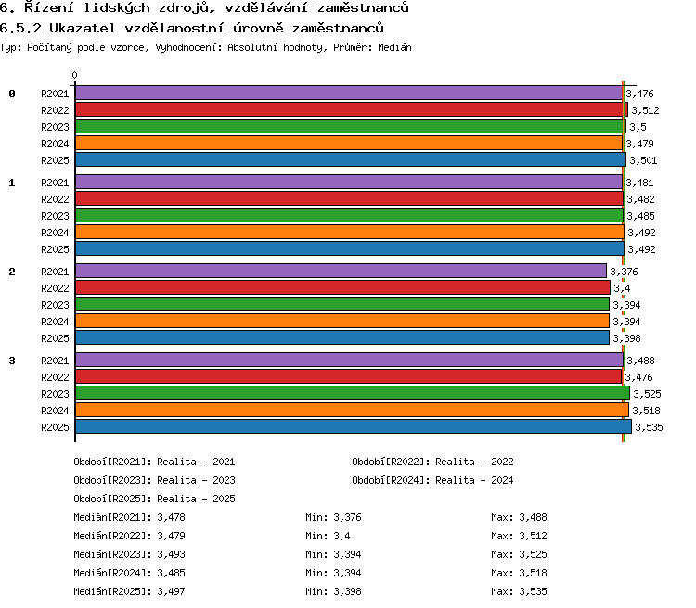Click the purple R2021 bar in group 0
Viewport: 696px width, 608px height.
[x=349, y=93]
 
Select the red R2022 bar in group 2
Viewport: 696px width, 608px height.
[x=342, y=288]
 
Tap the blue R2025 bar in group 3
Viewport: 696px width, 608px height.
[x=354, y=426]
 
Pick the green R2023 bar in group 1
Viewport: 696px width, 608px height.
[x=350, y=216]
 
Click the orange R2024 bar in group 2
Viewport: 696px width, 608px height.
[x=342, y=321]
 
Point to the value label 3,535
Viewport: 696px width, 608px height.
[x=649, y=427]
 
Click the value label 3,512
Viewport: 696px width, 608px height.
[x=645, y=110]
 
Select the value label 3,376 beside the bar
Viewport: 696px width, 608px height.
[x=624, y=272]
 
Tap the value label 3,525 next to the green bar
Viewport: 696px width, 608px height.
[x=647, y=394]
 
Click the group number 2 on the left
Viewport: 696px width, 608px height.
[x=12, y=272]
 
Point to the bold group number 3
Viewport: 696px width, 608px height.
[x=12, y=361]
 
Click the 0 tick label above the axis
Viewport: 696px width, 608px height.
[x=74, y=75]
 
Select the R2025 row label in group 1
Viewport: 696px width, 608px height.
[x=55, y=249]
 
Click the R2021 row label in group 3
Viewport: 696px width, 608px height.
[x=55, y=361]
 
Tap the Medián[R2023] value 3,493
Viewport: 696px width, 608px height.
[x=171, y=555]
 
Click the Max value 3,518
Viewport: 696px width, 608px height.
[x=533, y=574]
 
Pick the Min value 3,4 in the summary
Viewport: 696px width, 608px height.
[x=342, y=536]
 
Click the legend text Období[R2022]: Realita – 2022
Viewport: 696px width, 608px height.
[x=432, y=462]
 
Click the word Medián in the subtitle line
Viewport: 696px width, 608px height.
[x=394, y=47]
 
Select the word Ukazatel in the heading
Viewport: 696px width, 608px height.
[x=82, y=29]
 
